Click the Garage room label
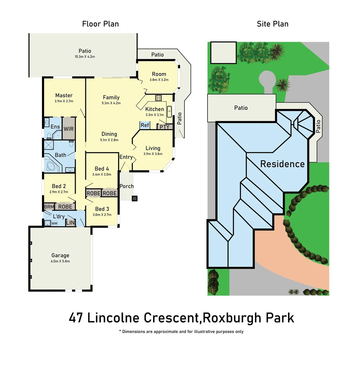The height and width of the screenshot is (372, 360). tap(60, 255)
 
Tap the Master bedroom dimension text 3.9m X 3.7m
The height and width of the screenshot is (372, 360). tap(64, 101)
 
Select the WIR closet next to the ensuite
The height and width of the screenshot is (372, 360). tap(68, 128)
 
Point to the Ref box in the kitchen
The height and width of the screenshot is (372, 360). tap(145, 125)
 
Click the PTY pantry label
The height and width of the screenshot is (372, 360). tap(165, 127)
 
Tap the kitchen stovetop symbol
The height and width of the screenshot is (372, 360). tap(159, 98)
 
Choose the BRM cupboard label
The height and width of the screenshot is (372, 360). tap(49, 207)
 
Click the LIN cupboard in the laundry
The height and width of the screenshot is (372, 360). tap(70, 223)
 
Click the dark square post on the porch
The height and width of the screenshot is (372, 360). tap(135, 198)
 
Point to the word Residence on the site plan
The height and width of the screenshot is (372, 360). tap(282, 164)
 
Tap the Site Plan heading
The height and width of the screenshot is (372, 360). tap(273, 24)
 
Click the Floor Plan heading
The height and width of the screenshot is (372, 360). tap(100, 24)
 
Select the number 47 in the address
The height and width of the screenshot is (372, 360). tap(76, 318)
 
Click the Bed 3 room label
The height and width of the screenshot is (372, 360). tap(102, 209)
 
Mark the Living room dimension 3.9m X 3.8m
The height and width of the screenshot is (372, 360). tap(153, 154)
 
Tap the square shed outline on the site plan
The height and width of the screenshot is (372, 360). tap(223, 53)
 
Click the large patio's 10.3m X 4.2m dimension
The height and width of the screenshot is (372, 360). tap(85, 57)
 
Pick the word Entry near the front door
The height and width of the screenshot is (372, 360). tap(126, 157)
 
